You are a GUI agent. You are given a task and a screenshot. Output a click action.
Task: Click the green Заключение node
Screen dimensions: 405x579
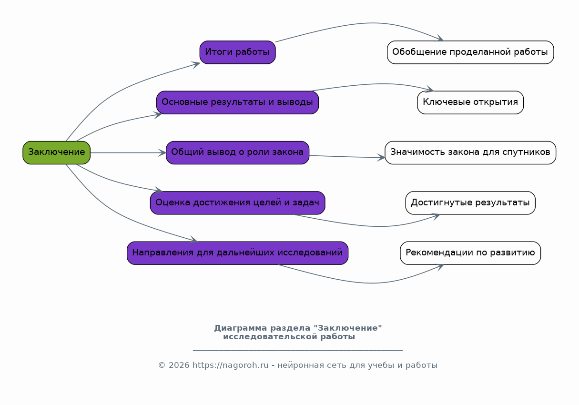click(x=56, y=152)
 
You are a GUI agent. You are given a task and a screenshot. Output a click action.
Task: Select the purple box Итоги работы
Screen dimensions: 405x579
click(x=237, y=52)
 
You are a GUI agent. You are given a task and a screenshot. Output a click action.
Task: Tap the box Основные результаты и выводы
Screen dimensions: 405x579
click(x=237, y=102)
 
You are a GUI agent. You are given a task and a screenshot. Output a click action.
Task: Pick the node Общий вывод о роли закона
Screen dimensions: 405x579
click(x=237, y=152)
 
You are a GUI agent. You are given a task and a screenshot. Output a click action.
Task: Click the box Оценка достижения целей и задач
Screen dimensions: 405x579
click(x=237, y=203)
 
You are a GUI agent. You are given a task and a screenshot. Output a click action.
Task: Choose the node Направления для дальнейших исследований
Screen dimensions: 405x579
click(x=237, y=253)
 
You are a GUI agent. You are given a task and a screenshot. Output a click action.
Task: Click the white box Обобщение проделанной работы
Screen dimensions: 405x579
click(x=470, y=52)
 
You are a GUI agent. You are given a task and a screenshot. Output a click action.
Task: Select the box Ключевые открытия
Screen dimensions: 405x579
click(x=470, y=102)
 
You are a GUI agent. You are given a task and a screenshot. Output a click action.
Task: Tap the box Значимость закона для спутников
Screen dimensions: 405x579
click(x=470, y=152)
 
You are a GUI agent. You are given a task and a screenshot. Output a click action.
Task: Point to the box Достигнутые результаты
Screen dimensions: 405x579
click(x=470, y=203)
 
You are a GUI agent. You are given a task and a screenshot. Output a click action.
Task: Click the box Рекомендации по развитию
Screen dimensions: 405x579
click(x=470, y=253)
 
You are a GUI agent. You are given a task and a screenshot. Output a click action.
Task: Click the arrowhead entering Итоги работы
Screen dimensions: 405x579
click(x=196, y=64)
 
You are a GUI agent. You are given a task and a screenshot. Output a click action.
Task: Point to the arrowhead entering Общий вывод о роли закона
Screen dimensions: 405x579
click(x=163, y=152)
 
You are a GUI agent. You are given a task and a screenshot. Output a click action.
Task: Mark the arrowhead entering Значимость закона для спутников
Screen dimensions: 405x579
click(x=381, y=158)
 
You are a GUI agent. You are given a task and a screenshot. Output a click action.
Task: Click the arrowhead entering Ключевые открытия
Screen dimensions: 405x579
click(x=430, y=89)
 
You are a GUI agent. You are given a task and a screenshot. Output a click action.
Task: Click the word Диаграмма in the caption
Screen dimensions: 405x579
click(x=241, y=328)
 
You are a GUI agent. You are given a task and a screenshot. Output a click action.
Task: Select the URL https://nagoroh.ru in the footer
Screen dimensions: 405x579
click(x=231, y=365)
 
